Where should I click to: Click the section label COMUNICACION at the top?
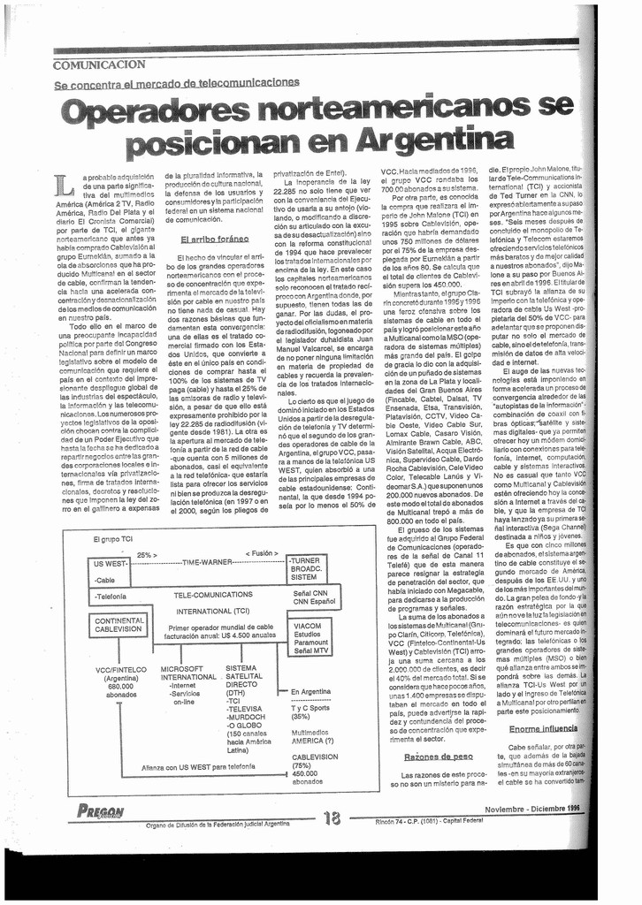coord(99,65)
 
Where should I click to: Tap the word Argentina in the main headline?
coord(439,141)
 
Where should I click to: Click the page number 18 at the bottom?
coord(332,818)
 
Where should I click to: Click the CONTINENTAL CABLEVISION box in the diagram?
coord(118,624)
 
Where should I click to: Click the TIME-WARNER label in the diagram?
coord(206,561)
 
